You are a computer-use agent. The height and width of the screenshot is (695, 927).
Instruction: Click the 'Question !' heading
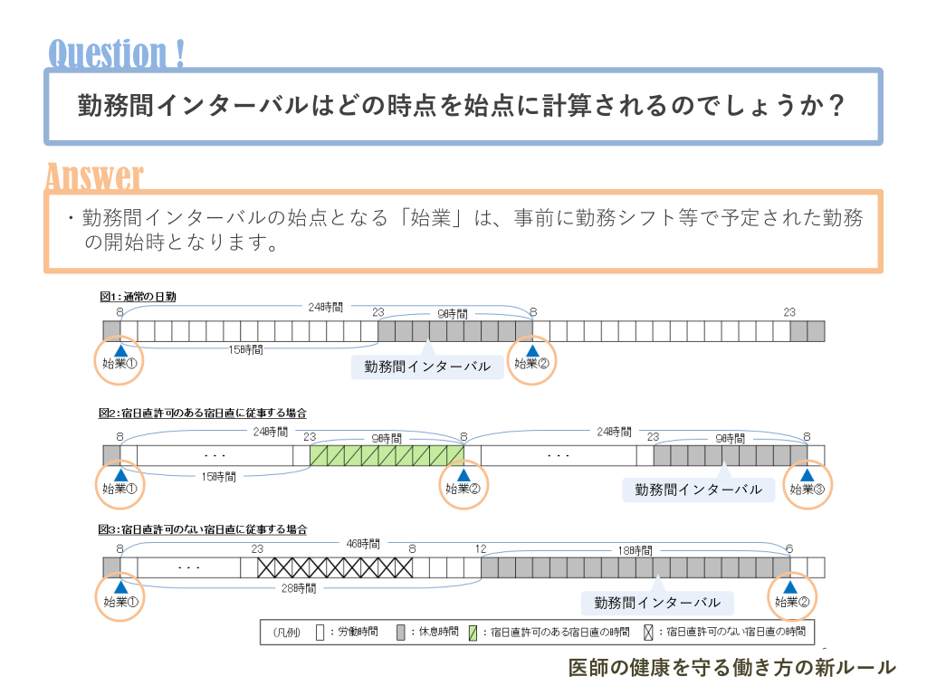(117, 52)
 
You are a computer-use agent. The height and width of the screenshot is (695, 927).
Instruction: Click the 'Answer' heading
(94, 176)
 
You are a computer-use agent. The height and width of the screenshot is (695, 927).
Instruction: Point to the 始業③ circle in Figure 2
(807, 482)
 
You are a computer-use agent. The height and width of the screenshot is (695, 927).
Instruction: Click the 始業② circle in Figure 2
(463, 482)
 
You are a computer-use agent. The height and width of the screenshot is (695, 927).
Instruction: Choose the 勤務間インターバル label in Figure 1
(427, 367)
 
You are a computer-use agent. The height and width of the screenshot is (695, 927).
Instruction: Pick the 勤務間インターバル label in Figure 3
(657, 603)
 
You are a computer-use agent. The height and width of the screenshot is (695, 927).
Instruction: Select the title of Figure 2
(203, 414)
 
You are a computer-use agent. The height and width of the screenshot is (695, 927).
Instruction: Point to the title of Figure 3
(203, 529)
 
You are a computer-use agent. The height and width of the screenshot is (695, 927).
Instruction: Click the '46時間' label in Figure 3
(363, 545)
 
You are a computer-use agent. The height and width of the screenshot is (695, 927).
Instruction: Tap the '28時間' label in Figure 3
(299, 588)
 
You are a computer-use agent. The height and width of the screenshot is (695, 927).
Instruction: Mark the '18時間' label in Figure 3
(635, 550)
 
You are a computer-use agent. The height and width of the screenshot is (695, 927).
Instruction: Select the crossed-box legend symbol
(648, 632)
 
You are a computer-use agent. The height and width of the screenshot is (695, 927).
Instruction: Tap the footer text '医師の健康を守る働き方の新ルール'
(731, 668)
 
